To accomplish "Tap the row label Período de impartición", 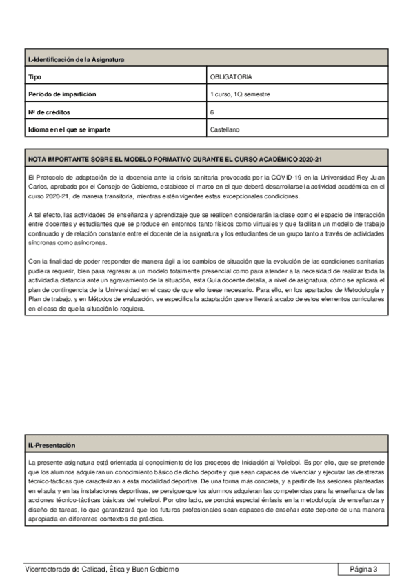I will click(x=61, y=94).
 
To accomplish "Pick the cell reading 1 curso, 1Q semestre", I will click(x=240, y=94).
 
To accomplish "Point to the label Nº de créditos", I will click(x=49, y=112).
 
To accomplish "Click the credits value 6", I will click(x=212, y=112).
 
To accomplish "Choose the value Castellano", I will click(x=225, y=129).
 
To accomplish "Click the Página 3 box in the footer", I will click(x=363, y=569).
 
